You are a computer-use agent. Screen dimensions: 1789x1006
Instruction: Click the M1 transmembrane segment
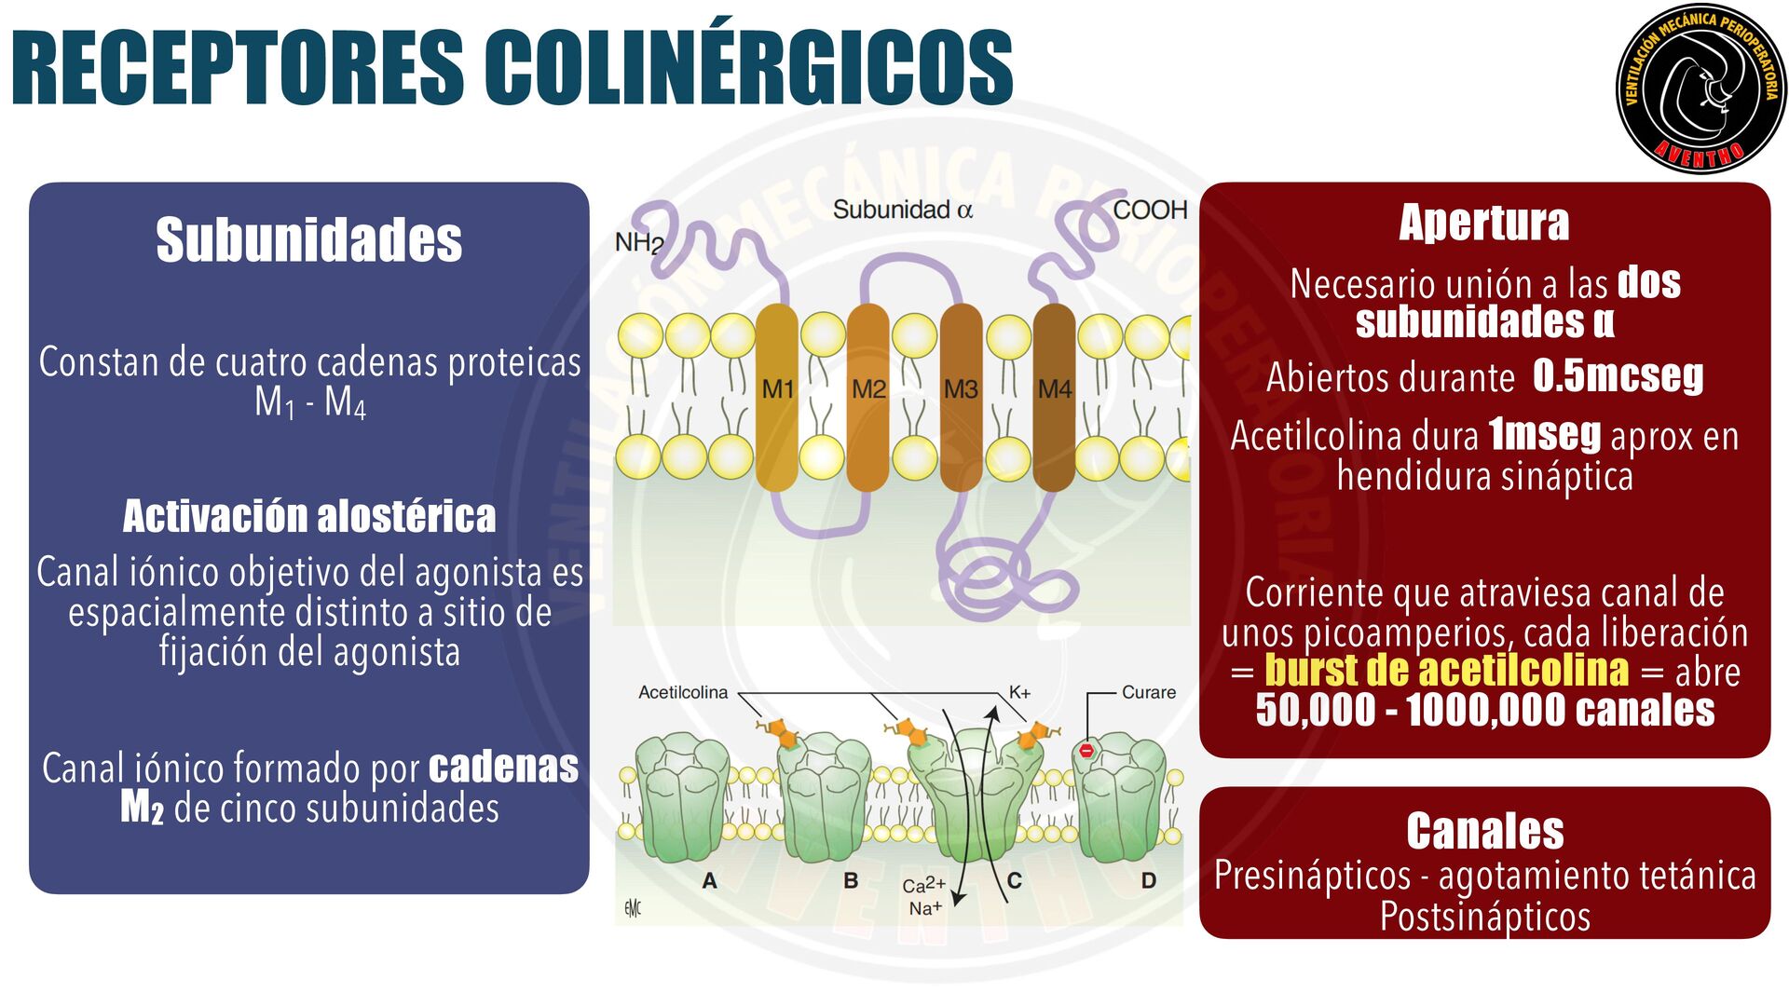click(777, 396)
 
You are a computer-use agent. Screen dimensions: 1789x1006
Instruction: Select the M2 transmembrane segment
click(868, 396)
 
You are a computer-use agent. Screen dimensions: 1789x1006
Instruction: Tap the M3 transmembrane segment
click(961, 396)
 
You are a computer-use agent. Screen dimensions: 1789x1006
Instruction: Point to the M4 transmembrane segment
click(1054, 396)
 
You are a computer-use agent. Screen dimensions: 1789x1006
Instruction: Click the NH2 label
click(639, 243)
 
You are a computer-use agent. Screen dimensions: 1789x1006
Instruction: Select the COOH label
click(1150, 210)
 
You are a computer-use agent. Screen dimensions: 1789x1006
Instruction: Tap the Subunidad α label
click(902, 210)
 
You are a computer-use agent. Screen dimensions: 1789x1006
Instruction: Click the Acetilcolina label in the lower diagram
click(683, 692)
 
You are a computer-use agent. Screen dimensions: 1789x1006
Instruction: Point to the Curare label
click(1148, 692)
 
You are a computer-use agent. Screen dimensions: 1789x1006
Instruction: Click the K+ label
click(1019, 692)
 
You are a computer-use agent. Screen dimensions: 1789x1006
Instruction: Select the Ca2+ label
click(923, 885)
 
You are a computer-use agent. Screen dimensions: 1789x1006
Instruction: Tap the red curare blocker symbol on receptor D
click(1086, 750)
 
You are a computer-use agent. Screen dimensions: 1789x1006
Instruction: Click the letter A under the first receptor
click(710, 880)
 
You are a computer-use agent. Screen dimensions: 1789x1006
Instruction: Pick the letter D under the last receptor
click(1149, 880)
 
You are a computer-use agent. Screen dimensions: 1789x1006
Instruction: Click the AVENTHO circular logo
click(1700, 88)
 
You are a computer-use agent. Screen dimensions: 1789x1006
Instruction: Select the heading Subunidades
click(308, 239)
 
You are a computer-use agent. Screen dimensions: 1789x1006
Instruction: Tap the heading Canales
click(1484, 831)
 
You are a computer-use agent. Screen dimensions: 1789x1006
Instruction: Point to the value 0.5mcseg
click(1618, 375)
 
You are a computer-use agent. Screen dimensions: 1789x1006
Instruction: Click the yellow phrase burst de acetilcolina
click(1446, 670)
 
